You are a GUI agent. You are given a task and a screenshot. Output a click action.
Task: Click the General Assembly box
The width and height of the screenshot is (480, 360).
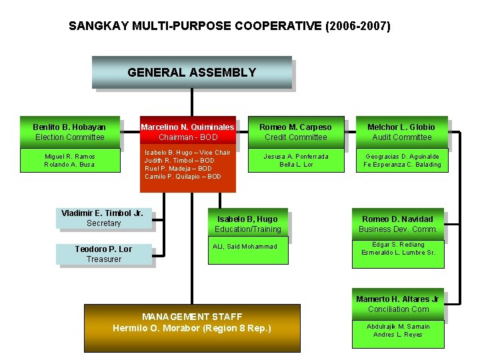tap(191, 73)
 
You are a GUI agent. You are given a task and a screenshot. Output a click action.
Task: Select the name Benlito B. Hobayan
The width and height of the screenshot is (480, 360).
tap(69, 127)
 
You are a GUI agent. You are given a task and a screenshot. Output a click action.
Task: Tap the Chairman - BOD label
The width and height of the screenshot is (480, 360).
tap(187, 137)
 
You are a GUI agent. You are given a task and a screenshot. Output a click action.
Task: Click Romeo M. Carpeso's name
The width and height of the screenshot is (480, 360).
tap(295, 127)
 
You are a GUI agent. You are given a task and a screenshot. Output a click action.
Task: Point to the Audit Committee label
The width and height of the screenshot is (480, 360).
tap(402, 137)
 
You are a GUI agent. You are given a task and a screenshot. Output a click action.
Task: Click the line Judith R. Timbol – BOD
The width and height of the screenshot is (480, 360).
tap(179, 161)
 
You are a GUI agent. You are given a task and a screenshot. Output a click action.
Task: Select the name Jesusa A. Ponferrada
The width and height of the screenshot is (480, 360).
tap(296, 157)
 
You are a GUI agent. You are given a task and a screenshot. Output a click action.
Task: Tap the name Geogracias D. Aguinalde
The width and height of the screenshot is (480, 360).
tap(402, 157)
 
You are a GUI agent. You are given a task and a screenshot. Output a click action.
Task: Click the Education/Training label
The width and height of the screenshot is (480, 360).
tap(247, 229)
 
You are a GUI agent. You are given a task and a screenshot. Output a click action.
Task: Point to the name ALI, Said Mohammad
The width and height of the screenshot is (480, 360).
tap(244, 247)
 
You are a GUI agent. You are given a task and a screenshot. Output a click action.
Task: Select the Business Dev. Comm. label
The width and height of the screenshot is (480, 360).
tap(397, 229)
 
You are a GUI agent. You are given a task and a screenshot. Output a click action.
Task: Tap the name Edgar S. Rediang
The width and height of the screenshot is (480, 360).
tap(397, 245)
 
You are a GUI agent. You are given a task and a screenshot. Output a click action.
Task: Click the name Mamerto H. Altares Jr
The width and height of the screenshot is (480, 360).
tap(397, 299)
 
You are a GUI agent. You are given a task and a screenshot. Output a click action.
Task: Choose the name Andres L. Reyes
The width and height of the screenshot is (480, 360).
tap(397, 335)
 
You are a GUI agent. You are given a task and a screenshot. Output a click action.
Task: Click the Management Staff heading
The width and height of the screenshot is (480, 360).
tap(192, 317)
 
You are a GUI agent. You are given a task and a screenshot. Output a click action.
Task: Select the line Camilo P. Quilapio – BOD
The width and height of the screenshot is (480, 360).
tap(183, 177)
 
